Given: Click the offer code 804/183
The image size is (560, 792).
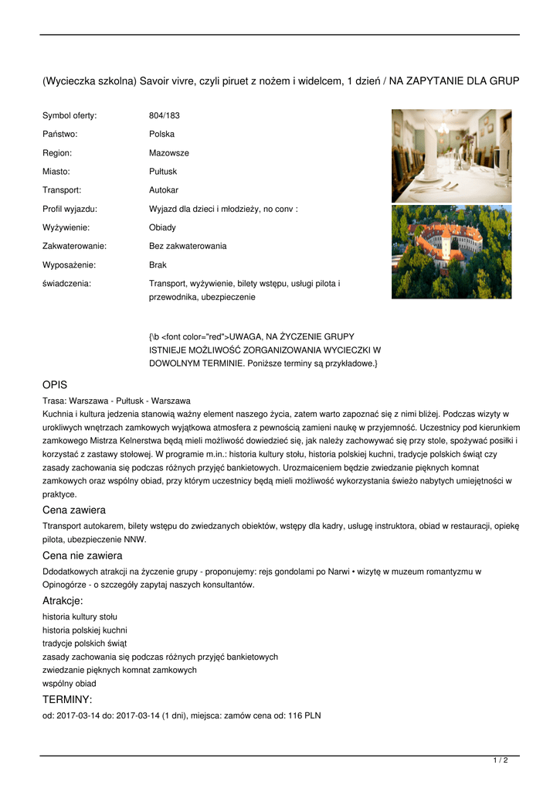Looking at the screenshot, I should [x=164, y=115].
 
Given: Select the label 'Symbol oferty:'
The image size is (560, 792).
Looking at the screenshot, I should [x=70, y=115].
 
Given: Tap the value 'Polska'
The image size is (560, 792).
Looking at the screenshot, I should [x=161, y=134].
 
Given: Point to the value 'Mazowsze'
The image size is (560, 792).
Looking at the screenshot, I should [x=168, y=152].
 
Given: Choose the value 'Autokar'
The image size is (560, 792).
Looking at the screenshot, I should [x=164, y=189].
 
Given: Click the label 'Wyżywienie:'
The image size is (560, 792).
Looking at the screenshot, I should [x=66, y=227].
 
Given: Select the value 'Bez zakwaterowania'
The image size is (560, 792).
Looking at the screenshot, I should [x=188, y=246].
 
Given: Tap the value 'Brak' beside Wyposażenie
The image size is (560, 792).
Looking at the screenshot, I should [x=158, y=265].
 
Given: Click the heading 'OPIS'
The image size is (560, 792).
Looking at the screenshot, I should [x=55, y=384].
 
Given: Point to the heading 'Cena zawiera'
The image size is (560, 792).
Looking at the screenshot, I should [x=74, y=510].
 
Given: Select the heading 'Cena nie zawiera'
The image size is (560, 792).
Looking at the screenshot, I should [x=82, y=555].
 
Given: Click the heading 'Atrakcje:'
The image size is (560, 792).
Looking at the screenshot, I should [x=63, y=601].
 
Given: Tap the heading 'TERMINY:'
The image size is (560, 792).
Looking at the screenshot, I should [x=67, y=699].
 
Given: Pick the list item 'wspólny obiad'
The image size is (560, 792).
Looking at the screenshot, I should [x=70, y=683].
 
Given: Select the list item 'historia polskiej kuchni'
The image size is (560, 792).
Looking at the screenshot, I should [x=85, y=630].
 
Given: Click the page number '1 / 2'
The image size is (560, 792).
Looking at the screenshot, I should [x=501, y=760].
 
